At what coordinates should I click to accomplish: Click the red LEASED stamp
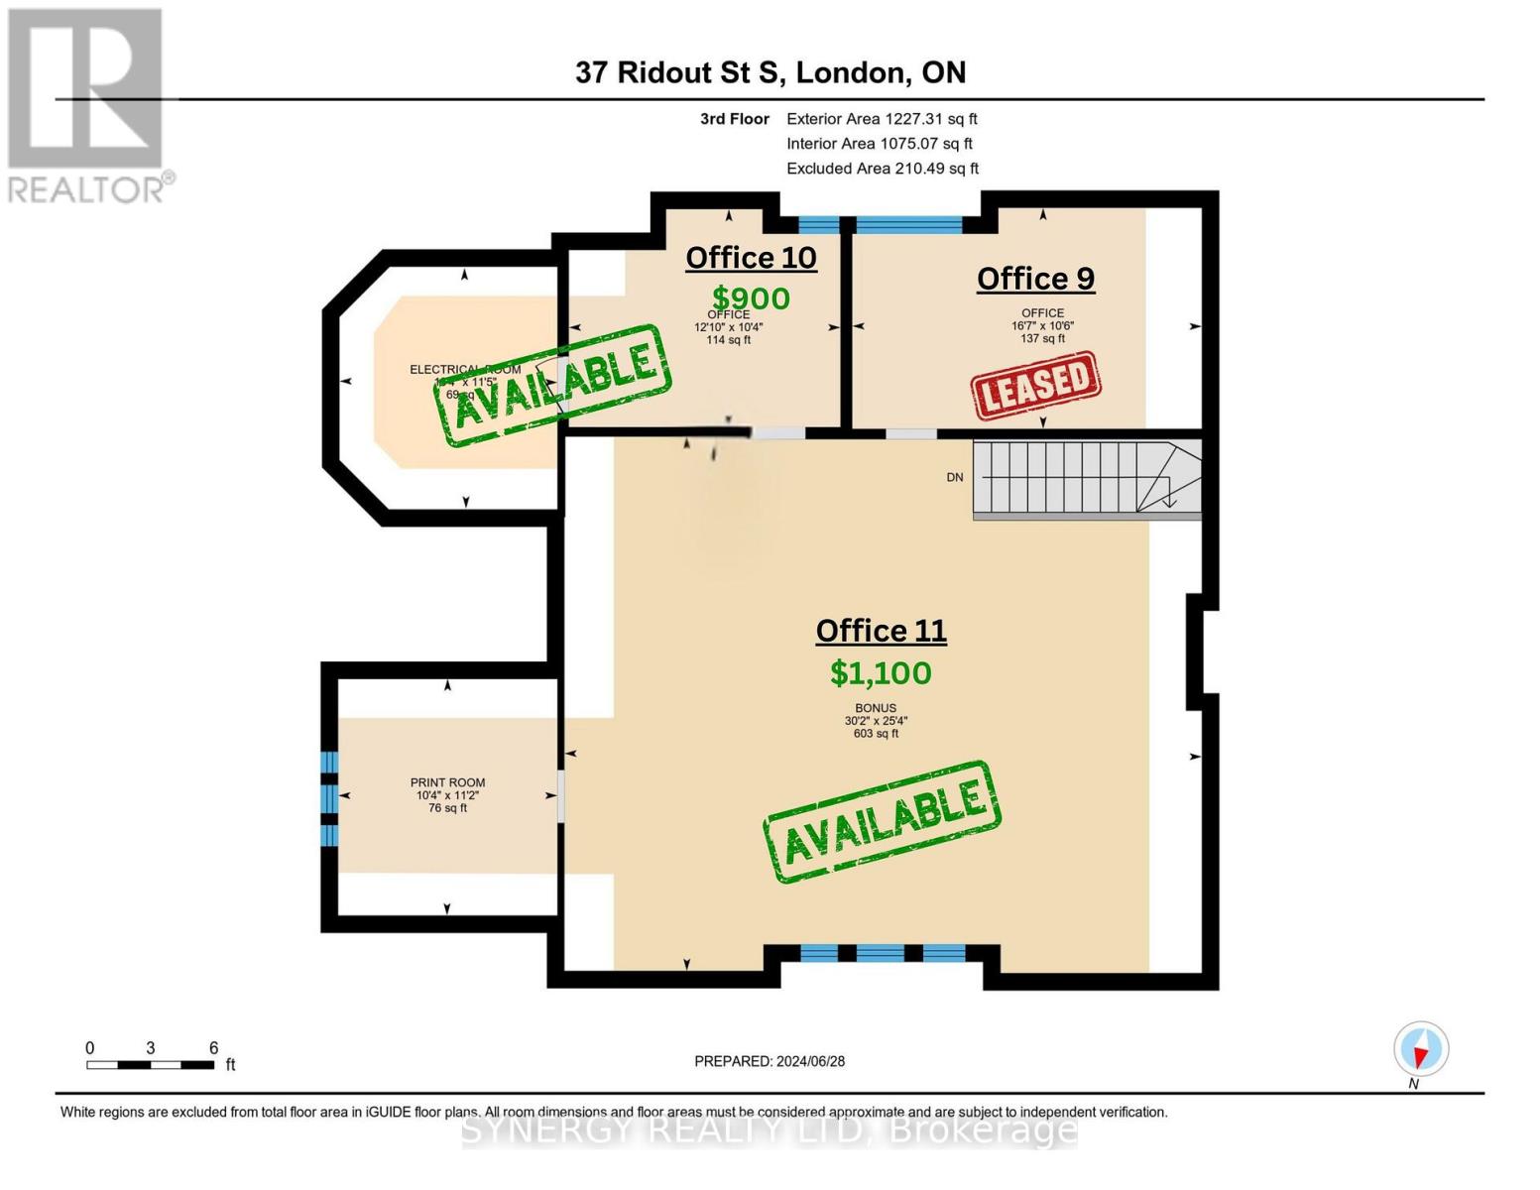pos(1036,384)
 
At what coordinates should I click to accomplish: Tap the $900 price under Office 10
pos(751,297)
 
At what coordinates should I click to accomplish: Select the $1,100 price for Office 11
pos(881,673)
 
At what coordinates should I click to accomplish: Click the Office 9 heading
pos(1035,279)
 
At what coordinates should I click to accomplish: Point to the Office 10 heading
pos(751,258)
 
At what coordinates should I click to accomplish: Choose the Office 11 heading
pos(881,631)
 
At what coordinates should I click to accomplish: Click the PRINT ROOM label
pos(447,782)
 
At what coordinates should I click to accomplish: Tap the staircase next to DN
pos(1086,479)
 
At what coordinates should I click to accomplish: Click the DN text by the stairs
pos(954,477)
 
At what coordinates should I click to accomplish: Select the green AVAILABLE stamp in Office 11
pos(882,822)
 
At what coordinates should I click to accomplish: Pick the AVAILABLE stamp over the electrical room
pos(552,385)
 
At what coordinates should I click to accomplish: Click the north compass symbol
pos(1420,1049)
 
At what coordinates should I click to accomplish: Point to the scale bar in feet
pos(151,1064)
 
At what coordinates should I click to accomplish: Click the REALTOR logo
pos(87,104)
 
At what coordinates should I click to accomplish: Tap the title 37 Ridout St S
pos(770,72)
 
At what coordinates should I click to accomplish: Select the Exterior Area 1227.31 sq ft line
pos(882,119)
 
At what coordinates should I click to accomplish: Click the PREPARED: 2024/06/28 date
pos(770,1061)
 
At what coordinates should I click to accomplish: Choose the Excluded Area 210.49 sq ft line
pos(883,169)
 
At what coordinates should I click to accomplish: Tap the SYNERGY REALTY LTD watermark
pos(770,1130)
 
